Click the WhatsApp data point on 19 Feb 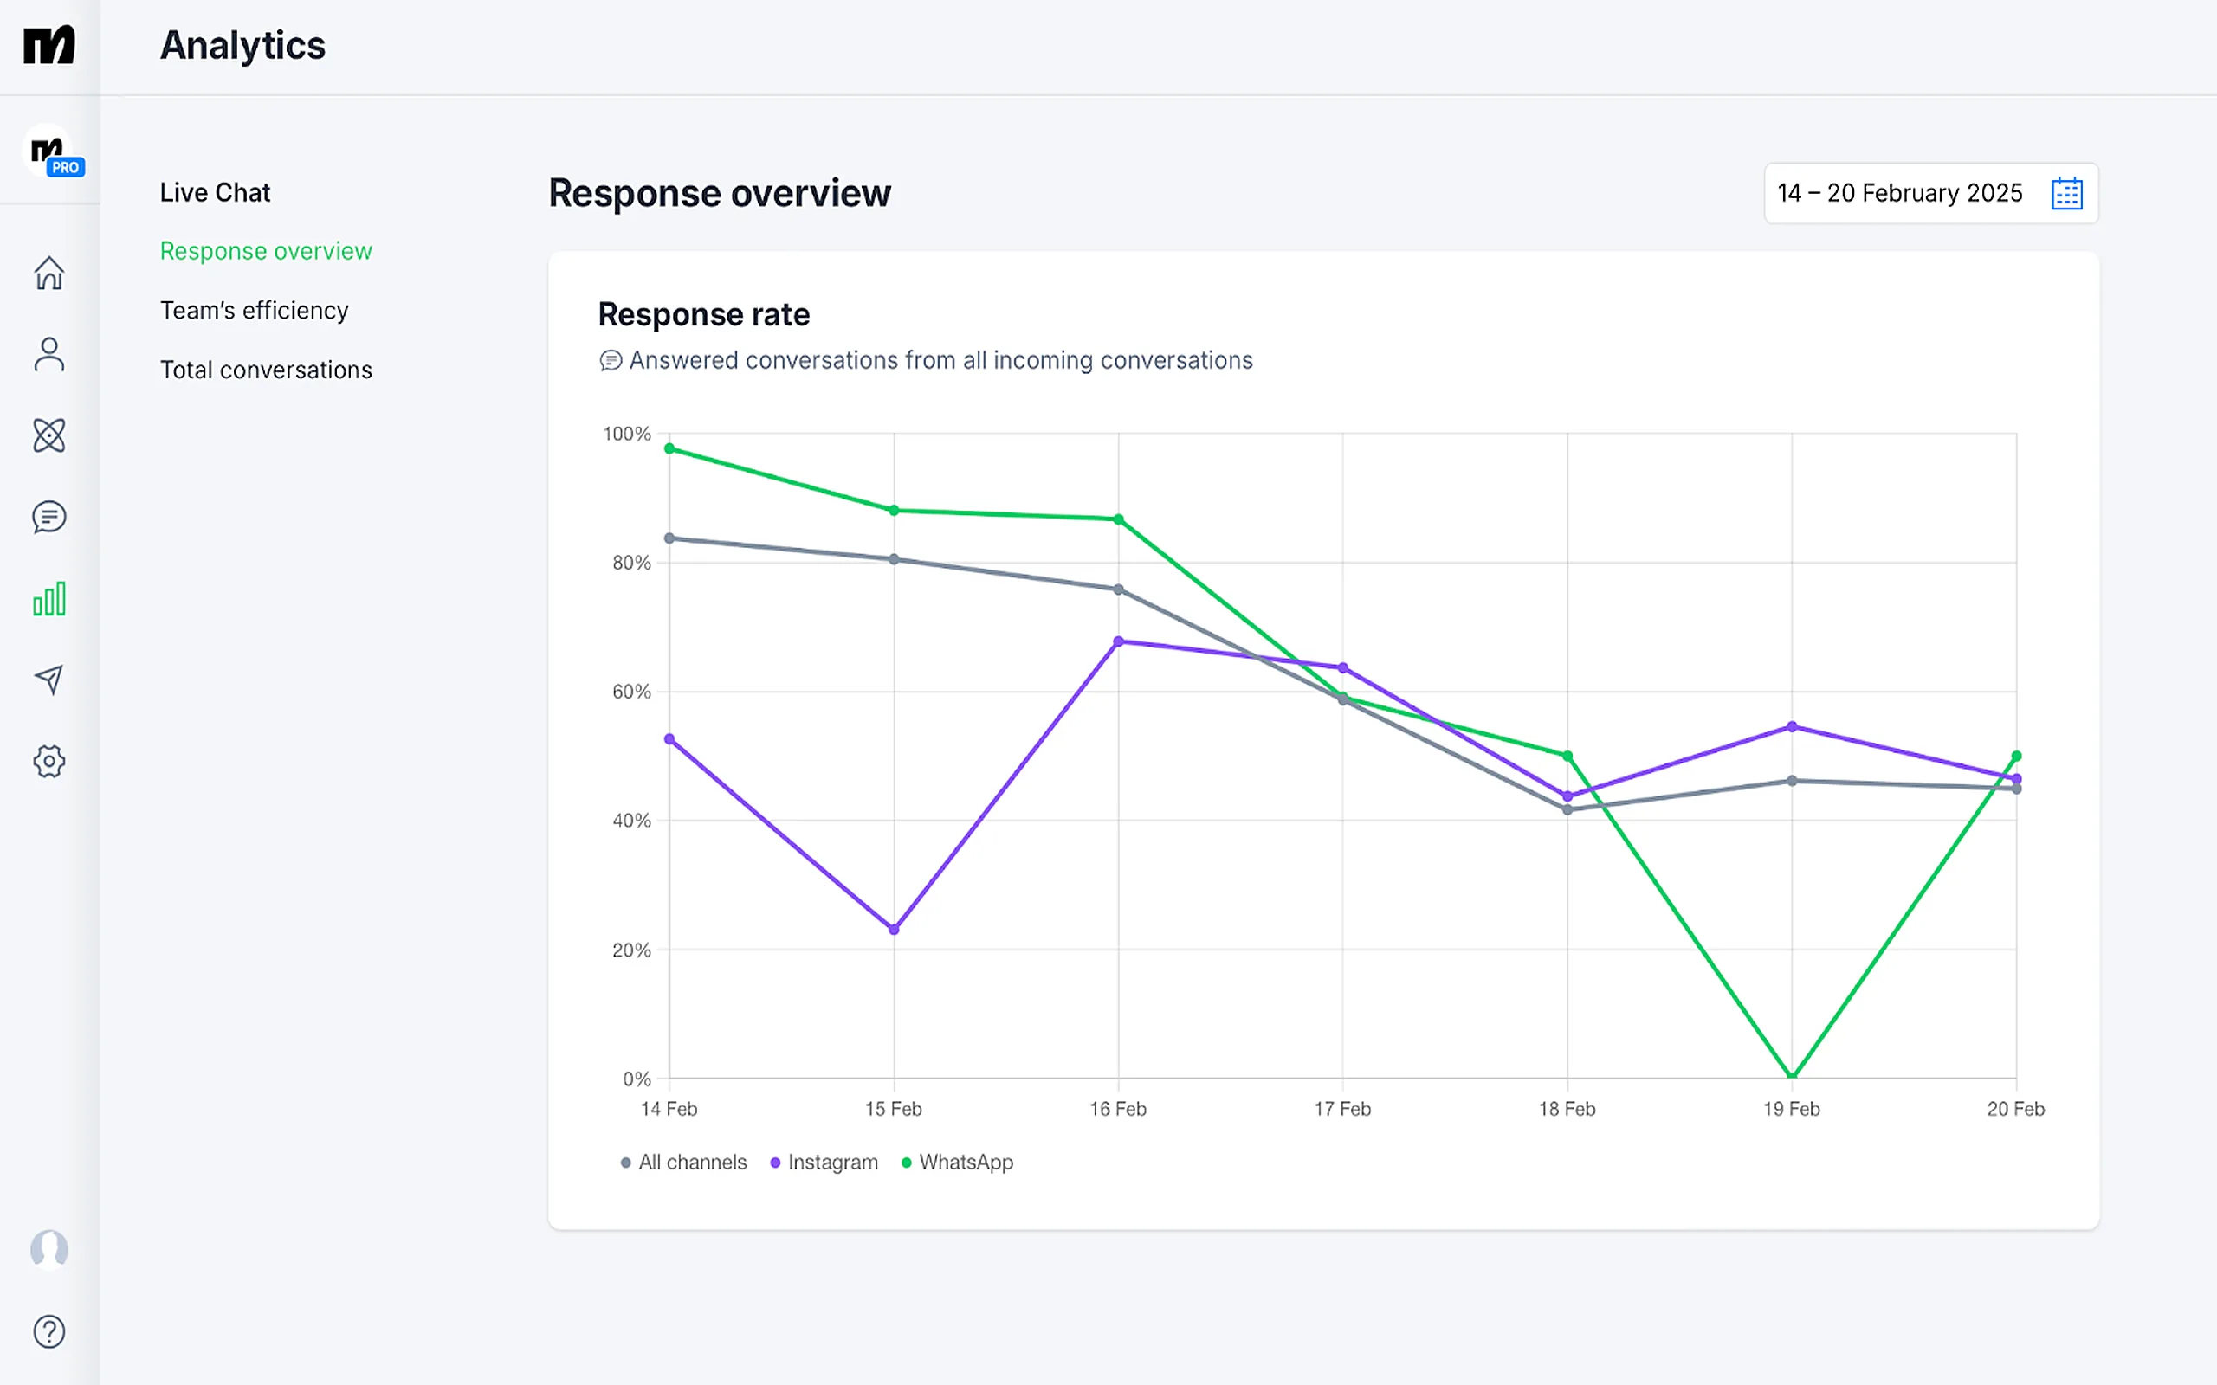click(1792, 1076)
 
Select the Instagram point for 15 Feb click(894, 930)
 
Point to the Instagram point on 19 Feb click(1792, 727)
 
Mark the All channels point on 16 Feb click(1119, 589)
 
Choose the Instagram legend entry click(824, 1163)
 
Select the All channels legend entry click(683, 1163)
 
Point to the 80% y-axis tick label click(632, 564)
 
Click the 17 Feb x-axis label click(1342, 1109)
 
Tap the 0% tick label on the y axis click(637, 1079)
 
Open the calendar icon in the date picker click(2067, 193)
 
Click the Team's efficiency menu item click(255, 311)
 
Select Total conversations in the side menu click(267, 370)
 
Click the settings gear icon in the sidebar click(49, 761)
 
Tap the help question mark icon click(49, 1331)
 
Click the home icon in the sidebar click(49, 273)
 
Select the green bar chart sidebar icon click(49, 599)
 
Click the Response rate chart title click(703, 314)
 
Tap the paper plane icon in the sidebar click(49, 680)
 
